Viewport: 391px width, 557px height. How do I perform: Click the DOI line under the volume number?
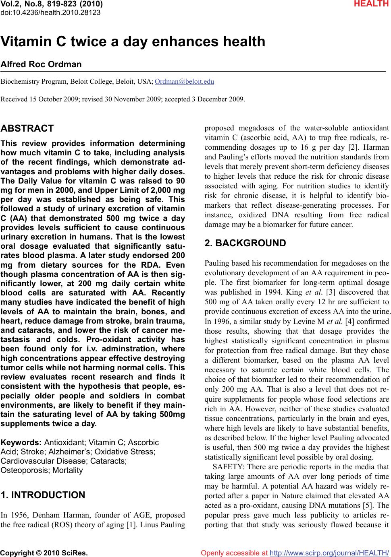[50, 12]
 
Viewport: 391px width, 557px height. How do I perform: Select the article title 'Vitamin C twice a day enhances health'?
[133, 42]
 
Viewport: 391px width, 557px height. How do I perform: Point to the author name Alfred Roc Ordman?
[42, 64]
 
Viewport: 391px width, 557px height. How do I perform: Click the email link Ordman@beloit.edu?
[184, 82]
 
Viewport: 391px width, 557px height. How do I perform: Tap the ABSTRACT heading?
[27, 129]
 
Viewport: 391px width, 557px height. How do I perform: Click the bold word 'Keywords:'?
[21, 442]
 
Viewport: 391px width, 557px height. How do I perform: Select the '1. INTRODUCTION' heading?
[43, 495]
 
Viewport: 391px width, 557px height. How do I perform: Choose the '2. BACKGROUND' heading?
[245, 243]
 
